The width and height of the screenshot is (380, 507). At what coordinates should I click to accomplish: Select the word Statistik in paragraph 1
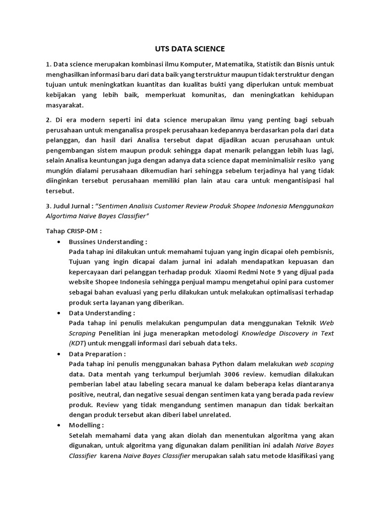(x=270, y=64)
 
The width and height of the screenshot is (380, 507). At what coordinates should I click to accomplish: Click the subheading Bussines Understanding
(x=108, y=242)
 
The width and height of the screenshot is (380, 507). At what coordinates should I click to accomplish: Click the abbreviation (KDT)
(x=77, y=343)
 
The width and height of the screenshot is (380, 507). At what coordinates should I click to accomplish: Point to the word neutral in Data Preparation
(x=107, y=395)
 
